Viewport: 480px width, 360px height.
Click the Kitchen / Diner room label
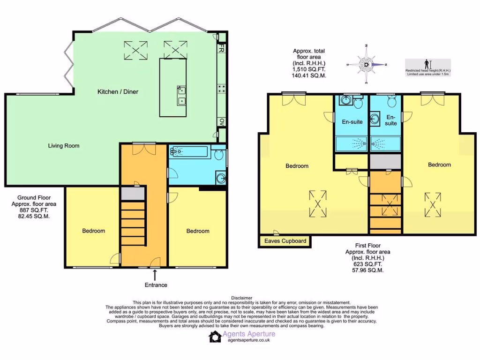[118, 92]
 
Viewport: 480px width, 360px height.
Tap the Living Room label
[64, 146]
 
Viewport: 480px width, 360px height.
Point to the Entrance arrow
[155, 275]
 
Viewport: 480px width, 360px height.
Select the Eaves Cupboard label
[285, 241]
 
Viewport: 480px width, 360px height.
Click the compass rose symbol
[366, 65]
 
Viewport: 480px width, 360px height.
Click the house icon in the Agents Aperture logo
[215, 337]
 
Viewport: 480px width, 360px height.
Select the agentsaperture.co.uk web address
[248, 341]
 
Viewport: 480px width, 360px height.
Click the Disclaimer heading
[242, 298]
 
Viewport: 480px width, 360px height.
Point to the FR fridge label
[221, 49]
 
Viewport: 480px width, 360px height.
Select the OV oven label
[221, 122]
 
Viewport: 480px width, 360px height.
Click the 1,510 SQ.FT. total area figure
[309, 69]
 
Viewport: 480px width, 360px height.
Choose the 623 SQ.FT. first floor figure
[367, 264]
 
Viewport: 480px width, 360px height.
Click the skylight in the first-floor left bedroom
[318, 203]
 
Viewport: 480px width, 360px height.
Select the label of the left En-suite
[352, 122]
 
